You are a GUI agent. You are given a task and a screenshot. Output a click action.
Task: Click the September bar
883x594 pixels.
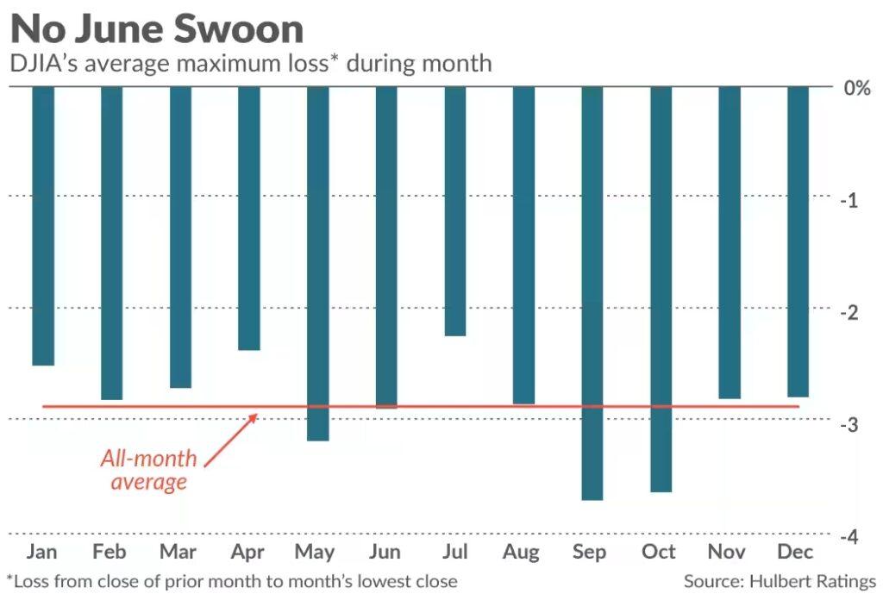(592, 293)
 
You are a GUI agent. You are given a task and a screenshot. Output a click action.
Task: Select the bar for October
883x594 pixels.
(661, 289)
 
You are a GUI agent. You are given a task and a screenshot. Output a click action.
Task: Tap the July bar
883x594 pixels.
(455, 211)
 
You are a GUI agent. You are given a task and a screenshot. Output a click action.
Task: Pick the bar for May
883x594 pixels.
(317, 263)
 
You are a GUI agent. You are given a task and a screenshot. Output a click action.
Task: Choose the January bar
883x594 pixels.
(43, 226)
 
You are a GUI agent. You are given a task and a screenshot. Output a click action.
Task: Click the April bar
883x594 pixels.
(249, 218)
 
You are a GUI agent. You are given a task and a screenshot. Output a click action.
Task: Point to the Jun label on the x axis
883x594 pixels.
(385, 552)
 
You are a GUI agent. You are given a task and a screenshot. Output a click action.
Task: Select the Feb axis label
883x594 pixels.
(111, 552)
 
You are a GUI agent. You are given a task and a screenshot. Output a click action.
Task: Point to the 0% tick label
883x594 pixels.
(855, 88)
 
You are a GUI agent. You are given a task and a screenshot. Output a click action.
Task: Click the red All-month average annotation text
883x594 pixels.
(148, 470)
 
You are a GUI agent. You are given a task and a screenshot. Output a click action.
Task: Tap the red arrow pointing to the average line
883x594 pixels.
(231, 440)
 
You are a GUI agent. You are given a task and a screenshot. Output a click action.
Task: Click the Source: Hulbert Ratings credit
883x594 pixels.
(780, 581)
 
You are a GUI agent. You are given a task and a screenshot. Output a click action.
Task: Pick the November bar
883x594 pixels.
(730, 242)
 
